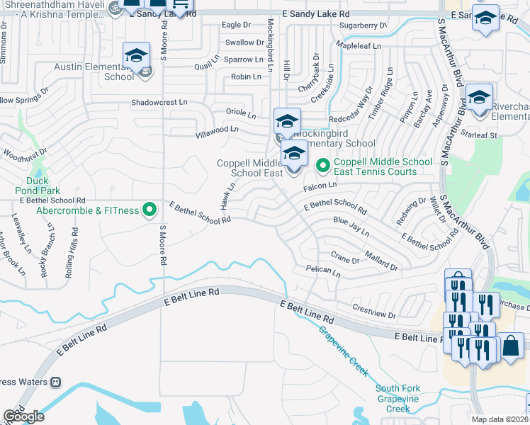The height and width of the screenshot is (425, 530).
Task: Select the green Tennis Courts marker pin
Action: click(x=323, y=166)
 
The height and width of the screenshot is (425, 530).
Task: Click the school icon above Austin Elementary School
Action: click(x=137, y=55)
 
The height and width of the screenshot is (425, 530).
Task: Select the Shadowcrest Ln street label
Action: click(x=159, y=102)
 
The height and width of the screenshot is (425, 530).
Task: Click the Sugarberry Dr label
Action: click(x=363, y=25)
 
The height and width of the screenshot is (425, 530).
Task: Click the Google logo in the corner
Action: click(x=23, y=416)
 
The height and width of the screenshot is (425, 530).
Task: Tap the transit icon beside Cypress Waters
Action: click(x=56, y=382)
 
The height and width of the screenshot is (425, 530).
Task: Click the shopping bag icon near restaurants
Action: click(x=509, y=346)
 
